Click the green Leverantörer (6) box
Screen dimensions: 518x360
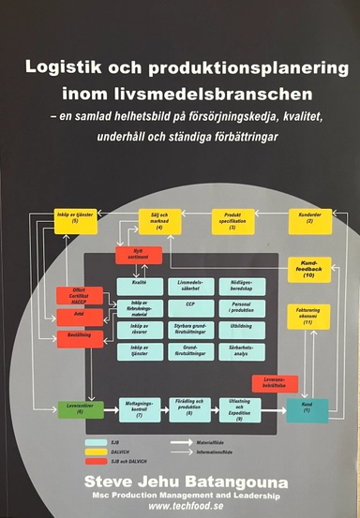(71, 407)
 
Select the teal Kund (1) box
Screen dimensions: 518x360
(306, 407)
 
